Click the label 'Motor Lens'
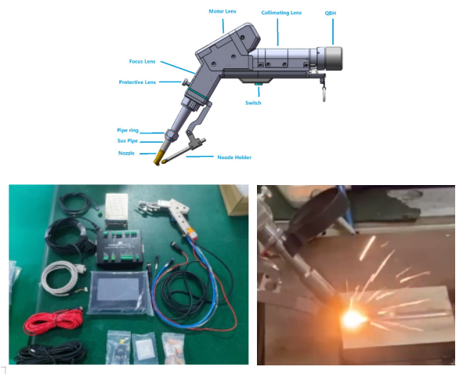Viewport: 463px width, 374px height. tap(222, 11)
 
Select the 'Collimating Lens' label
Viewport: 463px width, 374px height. tap(280, 13)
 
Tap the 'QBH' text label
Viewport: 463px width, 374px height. tap(332, 13)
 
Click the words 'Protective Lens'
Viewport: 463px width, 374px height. tap(137, 82)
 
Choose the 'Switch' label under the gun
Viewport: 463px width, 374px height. tap(253, 103)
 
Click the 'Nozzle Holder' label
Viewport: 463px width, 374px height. tap(234, 157)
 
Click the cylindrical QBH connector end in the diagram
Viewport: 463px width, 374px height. tap(332, 58)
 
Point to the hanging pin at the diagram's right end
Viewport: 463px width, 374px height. tap(322, 93)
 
